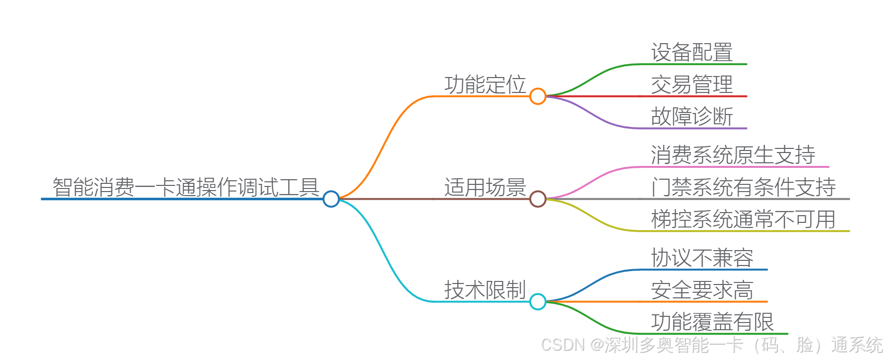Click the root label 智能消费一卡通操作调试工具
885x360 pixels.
(x=186, y=187)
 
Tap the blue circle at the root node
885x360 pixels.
(x=331, y=199)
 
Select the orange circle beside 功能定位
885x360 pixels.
(x=538, y=96)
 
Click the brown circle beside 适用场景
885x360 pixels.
(x=538, y=199)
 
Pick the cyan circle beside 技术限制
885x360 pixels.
(x=538, y=301)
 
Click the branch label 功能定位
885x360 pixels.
(x=485, y=85)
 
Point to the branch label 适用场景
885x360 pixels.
(x=485, y=187)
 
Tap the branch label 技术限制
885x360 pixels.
(x=485, y=290)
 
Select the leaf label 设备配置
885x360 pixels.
(x=692, y=52)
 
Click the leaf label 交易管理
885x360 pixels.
(x=692, y=85)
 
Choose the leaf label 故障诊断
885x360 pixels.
(x=692, y=117)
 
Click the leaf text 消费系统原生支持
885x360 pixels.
(x=733, y=155)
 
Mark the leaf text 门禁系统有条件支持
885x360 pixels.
(x=743, y=187)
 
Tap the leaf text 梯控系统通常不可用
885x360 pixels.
(x=743, y=219)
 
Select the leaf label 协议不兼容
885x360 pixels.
(x=702, y=258)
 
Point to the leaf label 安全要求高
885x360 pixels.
(x=702, y=290)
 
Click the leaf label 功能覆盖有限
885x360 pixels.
(x=712, y=322)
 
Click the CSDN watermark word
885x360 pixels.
(x=563, y=345)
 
